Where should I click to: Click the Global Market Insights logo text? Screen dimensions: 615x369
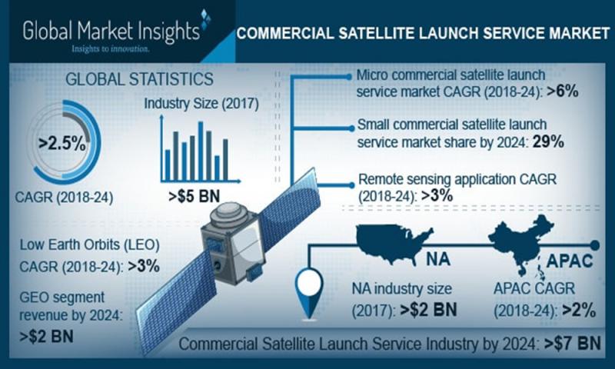pyautogui.click(x=111, y=32)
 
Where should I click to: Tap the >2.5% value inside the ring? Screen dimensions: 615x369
pyautogui.click(x=62, y=144)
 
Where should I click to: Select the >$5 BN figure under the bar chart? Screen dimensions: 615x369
pyautogui.click(x=194, y=196)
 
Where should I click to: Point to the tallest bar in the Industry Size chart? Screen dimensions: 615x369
pyautogui.click(x=201, y=151)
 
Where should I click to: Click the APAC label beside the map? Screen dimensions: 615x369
pyautogui.click(x=569, y=261)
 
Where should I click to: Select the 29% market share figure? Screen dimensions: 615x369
pyautogui.click(x=548, y=141)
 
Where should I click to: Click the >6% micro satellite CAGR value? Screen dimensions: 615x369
pyautogui.click(x=562, y=91)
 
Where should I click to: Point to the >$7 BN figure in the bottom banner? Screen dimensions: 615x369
pyautogui.click(x=573, y=344)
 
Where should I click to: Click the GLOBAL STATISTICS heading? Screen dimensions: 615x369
pyautogui.click(x=139, y=79)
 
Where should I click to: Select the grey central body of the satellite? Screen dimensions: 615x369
pyautogui.click(x=231, y=243)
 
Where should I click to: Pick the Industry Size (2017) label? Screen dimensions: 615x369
pyautogui.click(x=201, y=104)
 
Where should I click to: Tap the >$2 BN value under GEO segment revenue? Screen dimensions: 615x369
pyautogui.click(x=46, y=337)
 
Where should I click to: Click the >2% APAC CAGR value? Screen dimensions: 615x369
pyautogui.click(x=579, y=311)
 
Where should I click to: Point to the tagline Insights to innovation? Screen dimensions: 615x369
pyautogui.click(x=110, y=49)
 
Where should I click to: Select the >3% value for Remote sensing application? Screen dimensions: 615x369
pyautogui.click(x=437, y=195)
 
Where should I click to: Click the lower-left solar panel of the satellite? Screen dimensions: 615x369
pyautogui.click(x=177, y=302)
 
